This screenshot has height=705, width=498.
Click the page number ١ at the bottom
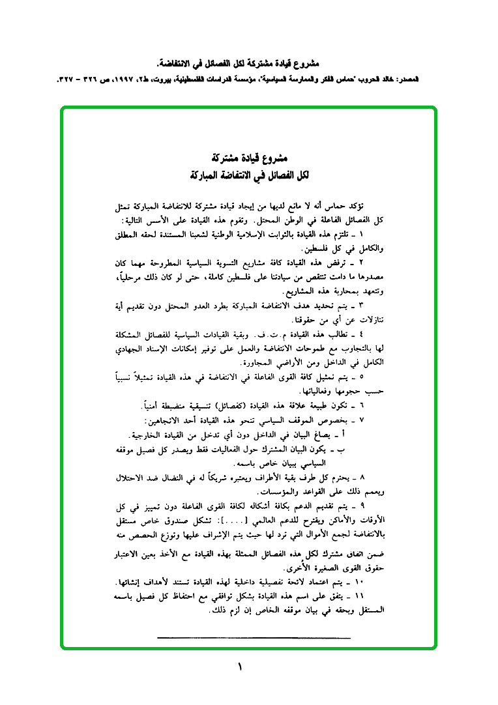click(239, 667)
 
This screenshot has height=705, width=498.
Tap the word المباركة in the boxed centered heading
click(205, 175)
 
